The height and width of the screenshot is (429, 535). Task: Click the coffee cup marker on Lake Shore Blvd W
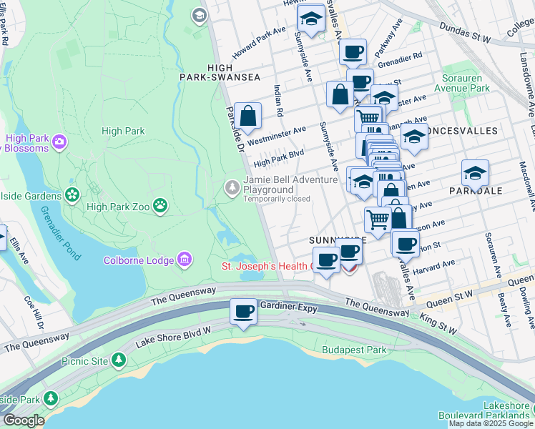click(244, 312)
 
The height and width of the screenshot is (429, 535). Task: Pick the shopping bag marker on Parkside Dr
click(247, 116)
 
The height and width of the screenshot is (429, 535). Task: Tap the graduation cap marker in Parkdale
click(475, 173)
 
